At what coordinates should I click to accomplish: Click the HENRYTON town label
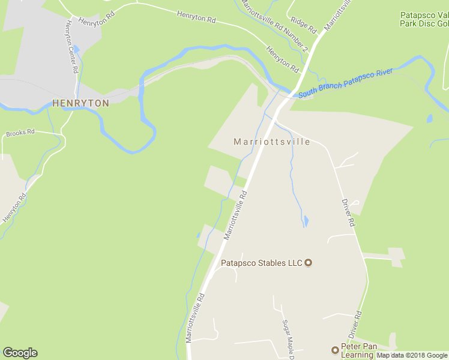pos(81,103)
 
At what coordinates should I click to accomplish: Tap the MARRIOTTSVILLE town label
pos(272,142)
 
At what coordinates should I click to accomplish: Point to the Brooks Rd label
pos(20,132)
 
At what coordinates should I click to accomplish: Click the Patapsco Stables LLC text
pos(262,262)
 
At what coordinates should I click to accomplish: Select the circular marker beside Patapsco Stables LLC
pos(309,262)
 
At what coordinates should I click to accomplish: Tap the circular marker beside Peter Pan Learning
pos(335,350)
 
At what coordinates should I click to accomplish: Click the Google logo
pos(20,353)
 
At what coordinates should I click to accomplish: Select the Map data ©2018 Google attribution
pos(412,355)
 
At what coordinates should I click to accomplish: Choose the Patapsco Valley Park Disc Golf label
pos(424,19)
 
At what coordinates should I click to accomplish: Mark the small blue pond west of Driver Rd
pos(306,221)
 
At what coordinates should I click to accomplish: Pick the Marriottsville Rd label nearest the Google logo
pos(196,318)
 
